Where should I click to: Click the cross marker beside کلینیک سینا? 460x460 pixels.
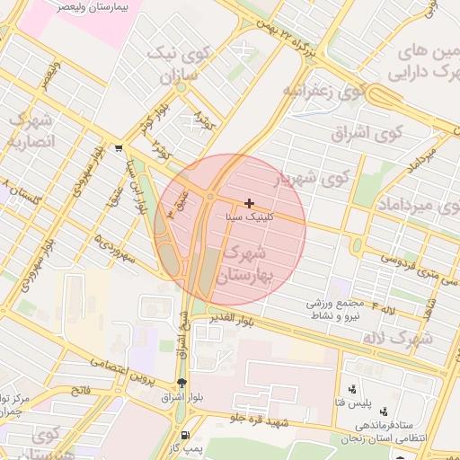click(249, 204)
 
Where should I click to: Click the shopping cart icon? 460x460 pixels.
click(119, 147)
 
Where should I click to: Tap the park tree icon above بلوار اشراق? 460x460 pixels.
click(182, 383)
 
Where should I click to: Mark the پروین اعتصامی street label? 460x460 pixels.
click(119, 366)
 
